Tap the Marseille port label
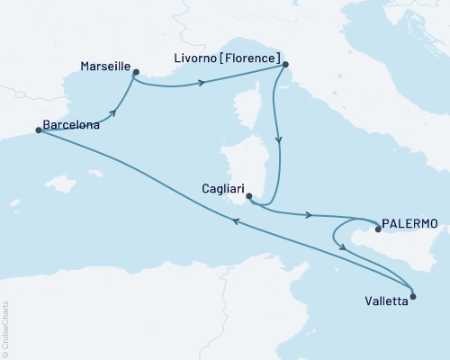click(x=103, y=67)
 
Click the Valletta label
click(x=387, y=302)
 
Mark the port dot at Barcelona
click(x=38, y=130)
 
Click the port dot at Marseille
click(x=135, y=72)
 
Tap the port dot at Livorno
click(x=284, y=65)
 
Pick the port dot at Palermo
click(x=377, y=229)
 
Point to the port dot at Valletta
click(x=412, y=293)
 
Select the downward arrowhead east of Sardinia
click(x=279, y=141)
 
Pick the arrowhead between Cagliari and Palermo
click(x=310, y=215)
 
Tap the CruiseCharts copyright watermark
click(x=5, y=328)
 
